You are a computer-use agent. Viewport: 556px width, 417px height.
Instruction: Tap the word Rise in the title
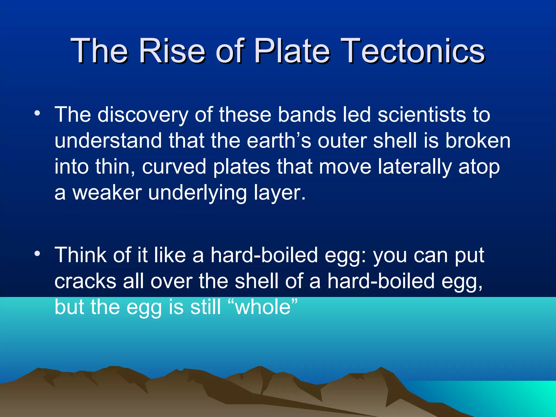172,51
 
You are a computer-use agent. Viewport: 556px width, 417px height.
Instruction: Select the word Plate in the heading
292,51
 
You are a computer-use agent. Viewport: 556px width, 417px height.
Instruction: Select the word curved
174,167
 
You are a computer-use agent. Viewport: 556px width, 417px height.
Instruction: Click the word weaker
107,193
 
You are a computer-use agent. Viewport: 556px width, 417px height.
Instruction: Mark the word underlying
197,193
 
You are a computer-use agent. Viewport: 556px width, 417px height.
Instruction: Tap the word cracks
85,282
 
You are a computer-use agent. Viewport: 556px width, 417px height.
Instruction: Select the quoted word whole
263,307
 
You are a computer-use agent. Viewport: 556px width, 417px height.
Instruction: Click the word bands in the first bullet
307,115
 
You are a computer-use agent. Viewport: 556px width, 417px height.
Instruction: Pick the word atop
479,167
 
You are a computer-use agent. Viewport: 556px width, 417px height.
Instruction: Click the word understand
108,141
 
